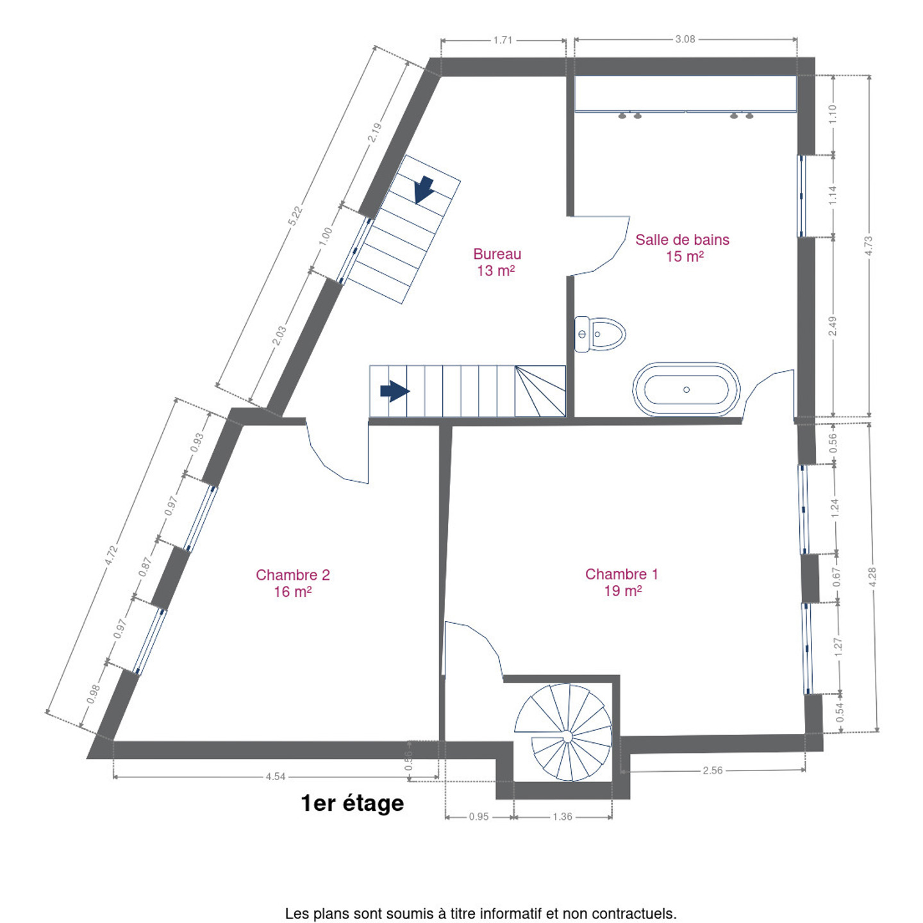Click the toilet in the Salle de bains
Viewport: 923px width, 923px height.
(600, 334)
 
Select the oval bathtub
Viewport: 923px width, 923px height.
(686, 390)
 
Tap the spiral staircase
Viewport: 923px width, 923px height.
(563, 733)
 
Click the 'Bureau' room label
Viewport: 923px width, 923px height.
(497, 254)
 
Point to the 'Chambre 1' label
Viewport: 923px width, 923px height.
(621, 574)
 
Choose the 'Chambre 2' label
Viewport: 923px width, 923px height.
(293, 575)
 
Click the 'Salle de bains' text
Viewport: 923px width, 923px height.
(682, 240)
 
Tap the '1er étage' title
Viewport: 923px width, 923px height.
(353, 803)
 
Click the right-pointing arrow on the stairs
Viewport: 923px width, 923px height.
(395, 391)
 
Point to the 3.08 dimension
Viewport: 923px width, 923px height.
(685, 39)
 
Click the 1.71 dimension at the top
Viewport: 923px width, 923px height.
(503, 40)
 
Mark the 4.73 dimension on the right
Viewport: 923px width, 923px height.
(869, 246)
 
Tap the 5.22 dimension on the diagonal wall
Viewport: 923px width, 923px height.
(295, 215)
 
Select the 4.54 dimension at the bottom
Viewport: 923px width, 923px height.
(276, 776)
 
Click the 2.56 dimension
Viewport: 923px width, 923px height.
(712, 770)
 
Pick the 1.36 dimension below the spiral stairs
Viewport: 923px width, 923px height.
(562, 817)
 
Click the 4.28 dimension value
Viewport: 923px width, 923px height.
(872, 577)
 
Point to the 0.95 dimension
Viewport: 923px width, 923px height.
(479, 817)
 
